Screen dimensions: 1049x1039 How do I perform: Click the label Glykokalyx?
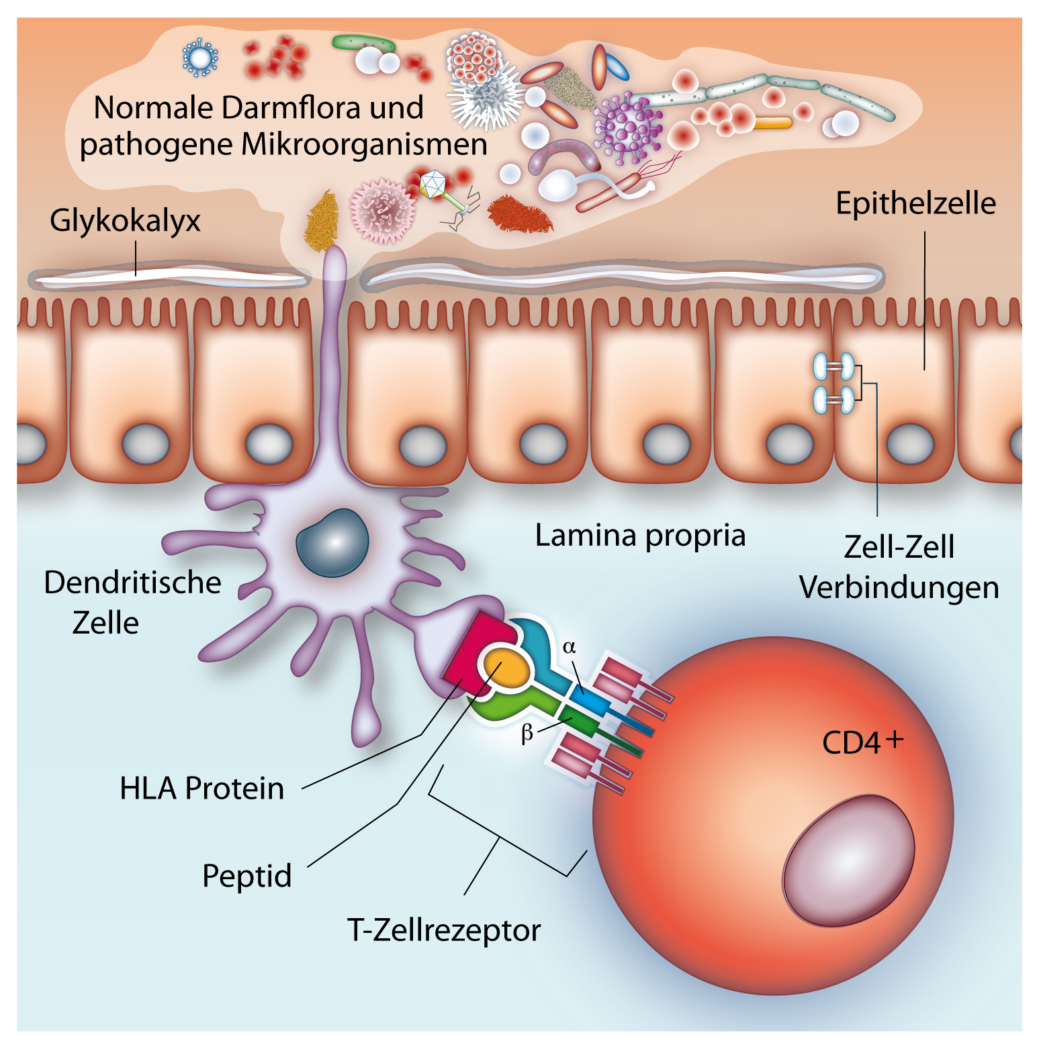[125, 221]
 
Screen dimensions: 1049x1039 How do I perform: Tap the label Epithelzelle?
[915, 203]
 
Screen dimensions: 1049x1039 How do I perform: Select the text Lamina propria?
[640, 536]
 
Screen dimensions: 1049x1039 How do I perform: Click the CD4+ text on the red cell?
[862, 742]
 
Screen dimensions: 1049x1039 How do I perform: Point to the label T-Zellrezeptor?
[444, 930]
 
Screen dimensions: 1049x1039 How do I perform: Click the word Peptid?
[246, 876]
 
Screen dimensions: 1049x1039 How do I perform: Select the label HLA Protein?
[201, 788]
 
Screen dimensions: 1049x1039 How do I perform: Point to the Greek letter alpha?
[570, 646]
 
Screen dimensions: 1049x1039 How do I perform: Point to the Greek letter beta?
[527, 733]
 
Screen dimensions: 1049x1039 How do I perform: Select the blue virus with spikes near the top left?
[200, 57]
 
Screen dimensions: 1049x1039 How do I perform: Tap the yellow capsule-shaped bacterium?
[773, 123]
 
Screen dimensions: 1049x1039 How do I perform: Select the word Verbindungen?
[899, 587]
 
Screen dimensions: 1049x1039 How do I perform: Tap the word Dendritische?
[132, 583]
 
